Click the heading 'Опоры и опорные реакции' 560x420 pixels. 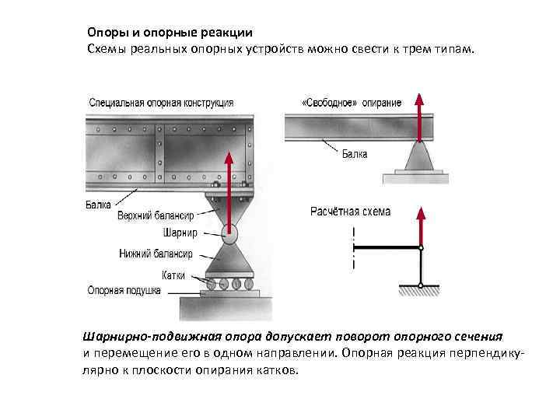click(x=170, y=33)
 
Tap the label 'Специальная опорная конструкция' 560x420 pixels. click(x=161, y=102)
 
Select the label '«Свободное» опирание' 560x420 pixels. click(x=351, y=103)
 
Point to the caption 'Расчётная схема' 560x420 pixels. click(x=351, y=211)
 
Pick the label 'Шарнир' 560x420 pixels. click(x=180, y=233)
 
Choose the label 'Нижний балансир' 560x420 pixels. click(x=156, y=253)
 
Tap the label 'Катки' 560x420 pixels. click(x=173, y=275)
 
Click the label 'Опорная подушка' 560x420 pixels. click(x=124, y=291)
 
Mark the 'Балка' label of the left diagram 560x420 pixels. click(x=98, y=205)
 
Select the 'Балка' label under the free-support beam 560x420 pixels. click(x=355, y=154)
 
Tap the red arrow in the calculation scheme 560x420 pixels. click(x=421, y=226)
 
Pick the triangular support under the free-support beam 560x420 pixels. click(x=420, y=158)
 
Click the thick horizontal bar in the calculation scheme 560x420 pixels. click(x=387, y=248)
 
